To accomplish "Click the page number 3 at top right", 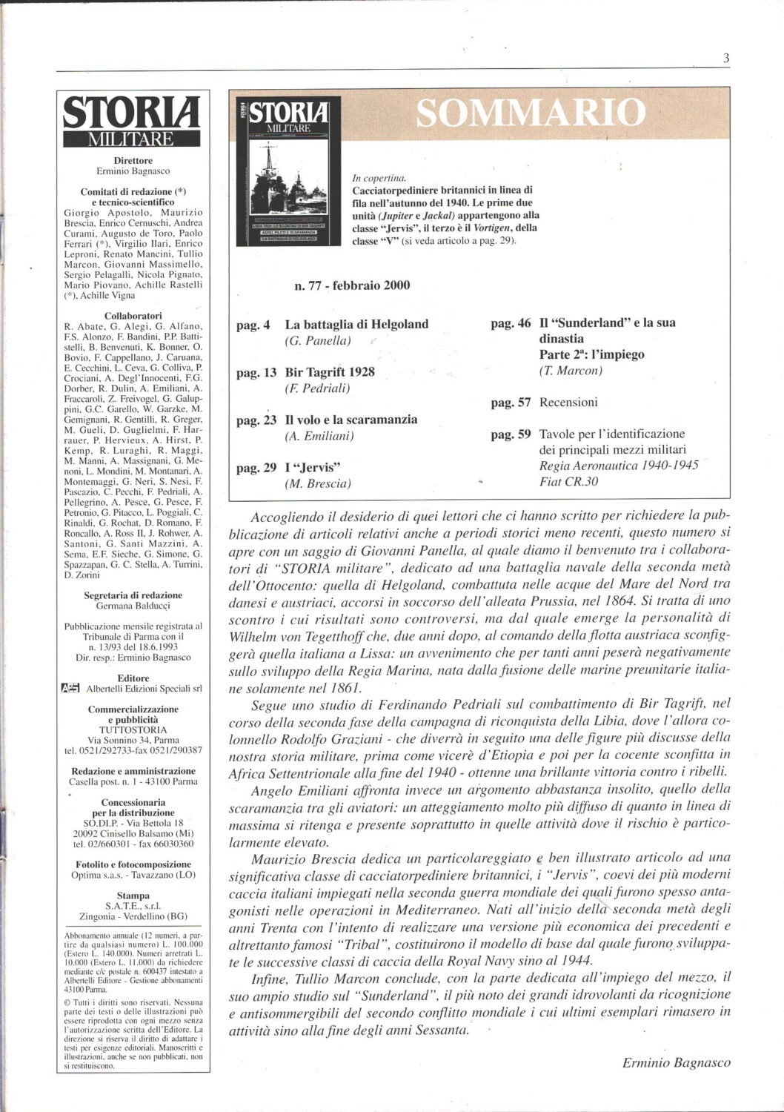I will (726, 59).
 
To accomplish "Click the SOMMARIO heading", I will (531, 113).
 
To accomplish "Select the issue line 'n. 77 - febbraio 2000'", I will (352, 285).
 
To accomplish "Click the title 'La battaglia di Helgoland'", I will (356, 324).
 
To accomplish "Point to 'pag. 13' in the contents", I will (256, 372).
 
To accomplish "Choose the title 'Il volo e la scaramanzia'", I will (351, 420).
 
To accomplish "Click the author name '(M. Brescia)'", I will (318, 484).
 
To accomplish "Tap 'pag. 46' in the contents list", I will (511, 323).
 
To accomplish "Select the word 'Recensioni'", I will (568, 403).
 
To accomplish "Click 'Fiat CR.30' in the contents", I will (568, 481).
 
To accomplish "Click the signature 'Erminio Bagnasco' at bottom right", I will (676, 1063).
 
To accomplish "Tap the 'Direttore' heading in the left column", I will (133, 160).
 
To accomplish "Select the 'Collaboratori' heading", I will (133, 316).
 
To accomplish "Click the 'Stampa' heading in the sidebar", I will (133, 896).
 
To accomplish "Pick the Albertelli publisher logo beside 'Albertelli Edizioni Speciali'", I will (70, 689).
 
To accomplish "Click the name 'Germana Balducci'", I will (133, 606).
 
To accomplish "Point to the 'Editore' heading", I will (133, 678).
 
